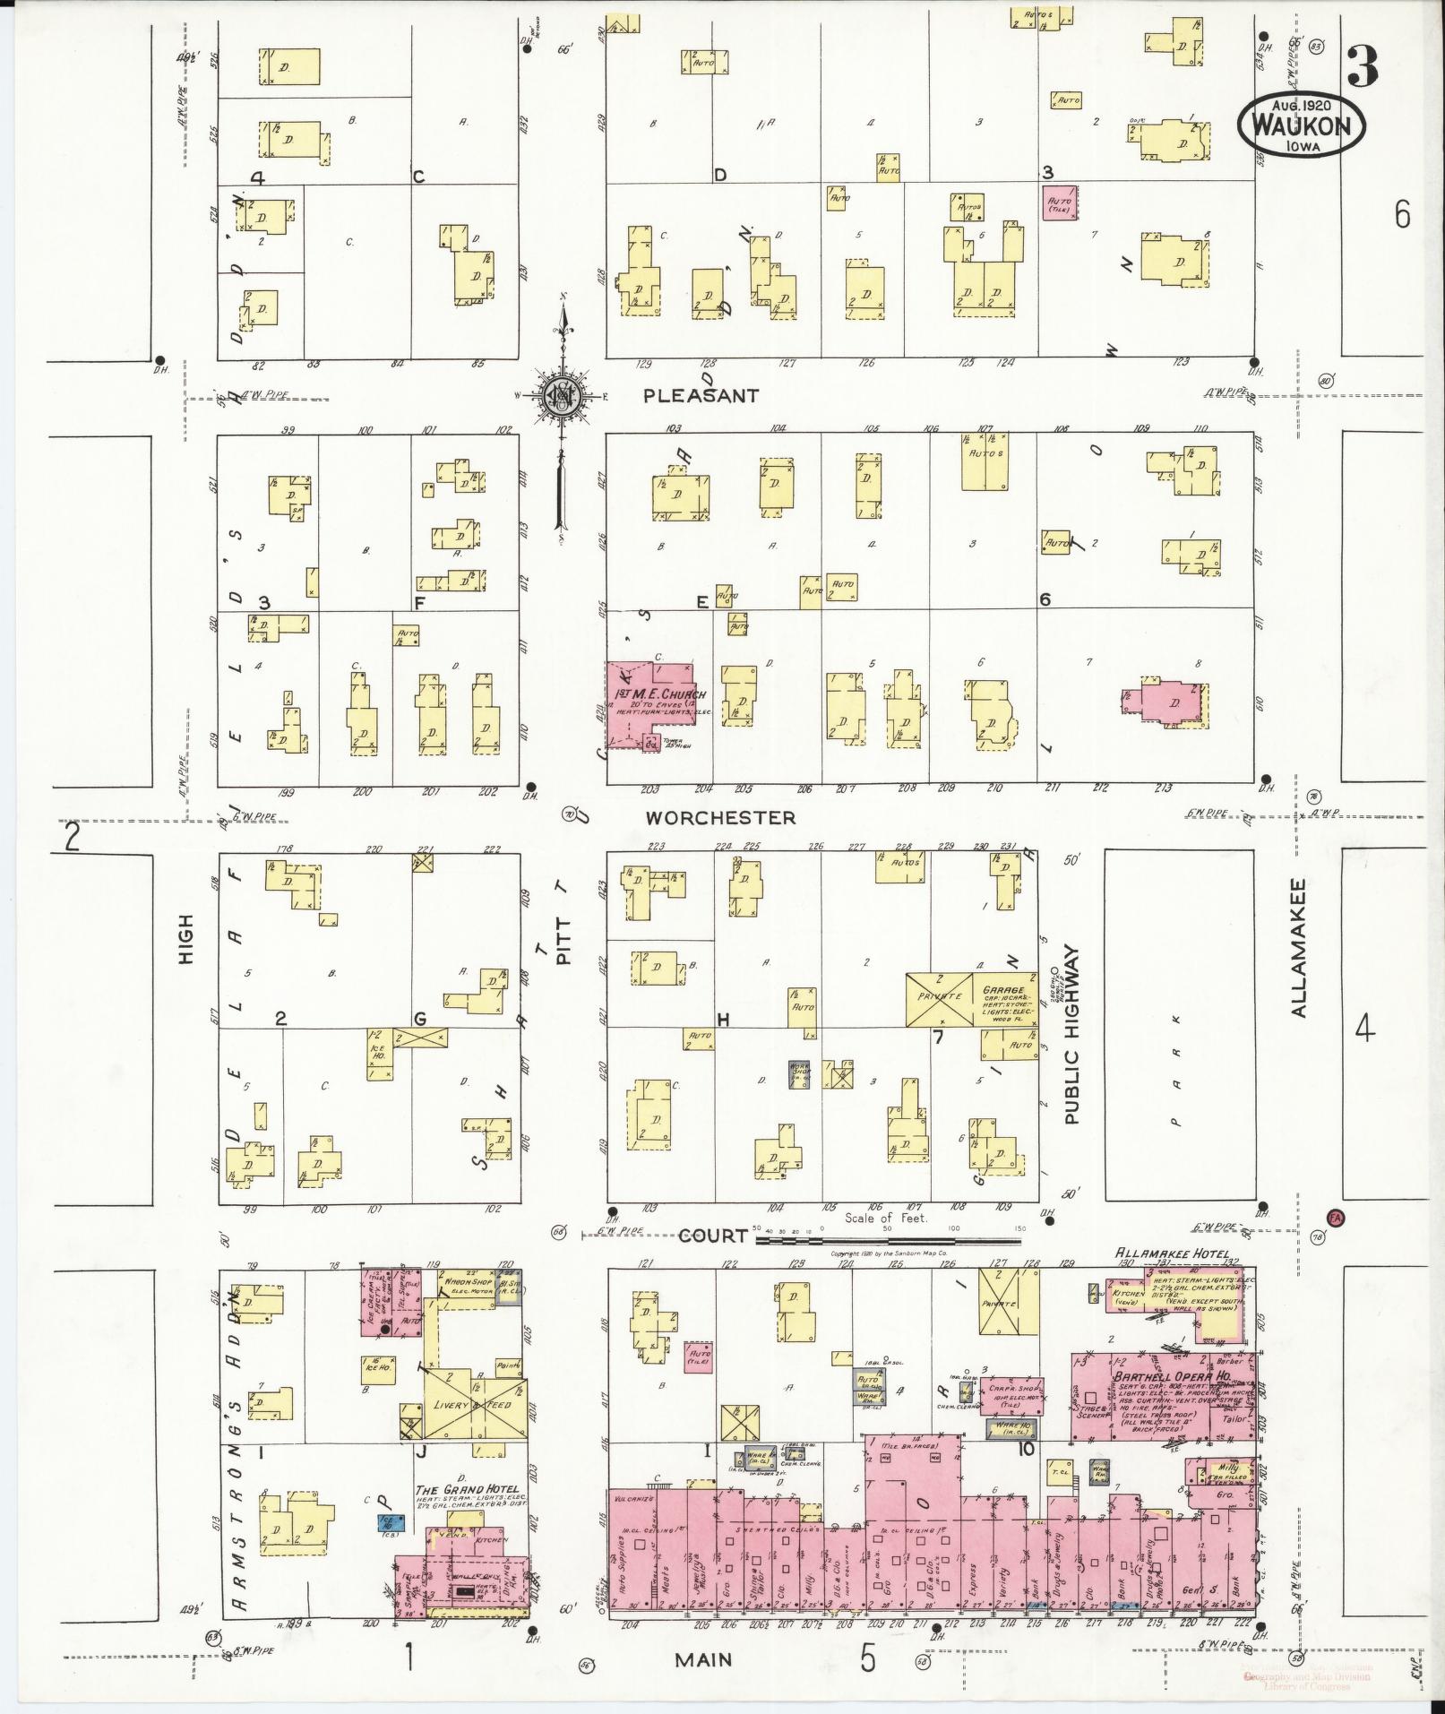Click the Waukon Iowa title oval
1301,126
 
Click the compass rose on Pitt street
562,395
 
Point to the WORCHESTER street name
720,817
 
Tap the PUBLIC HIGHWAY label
1072,1036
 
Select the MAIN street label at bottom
703,1659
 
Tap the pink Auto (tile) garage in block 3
1059,204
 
